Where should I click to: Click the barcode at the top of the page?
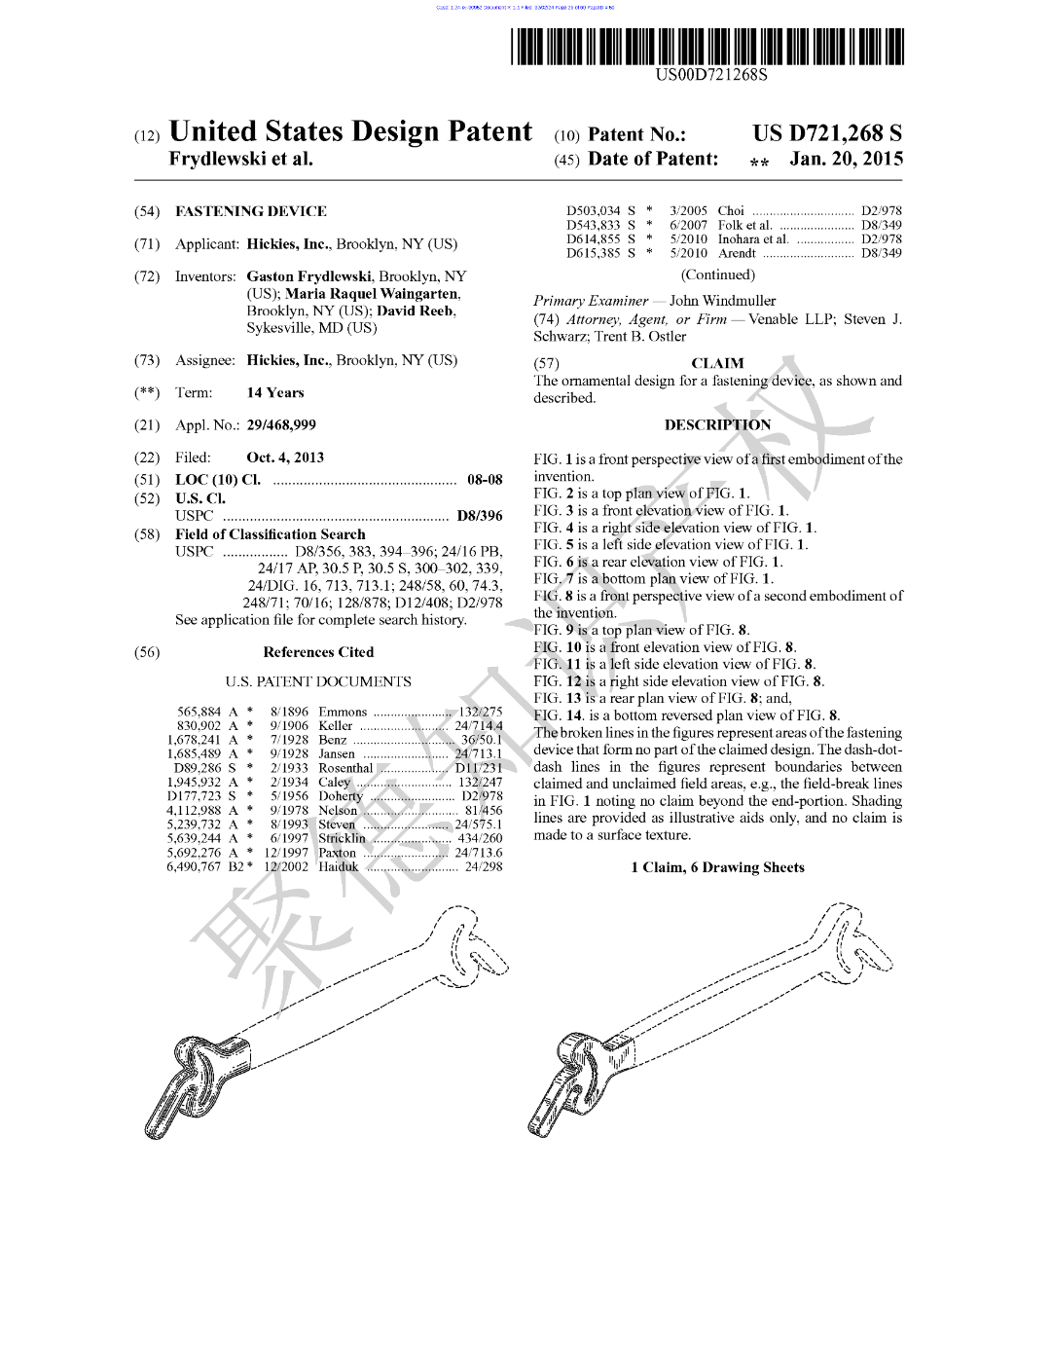(707, 47)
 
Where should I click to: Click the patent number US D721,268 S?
(826, 133)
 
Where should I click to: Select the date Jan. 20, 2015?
(846, 159)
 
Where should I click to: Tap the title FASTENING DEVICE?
(250, 211)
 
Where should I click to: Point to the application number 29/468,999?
(280, 425)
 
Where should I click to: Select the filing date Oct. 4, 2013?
(285, 458)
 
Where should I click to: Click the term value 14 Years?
(274, 393)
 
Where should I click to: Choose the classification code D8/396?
(479, 516)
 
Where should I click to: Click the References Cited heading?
(318, 652)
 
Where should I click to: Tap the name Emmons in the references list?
(343, 712)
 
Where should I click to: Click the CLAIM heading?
(717, 363)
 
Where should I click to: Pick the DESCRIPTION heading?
(717, 425)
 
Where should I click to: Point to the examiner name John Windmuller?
(722, 301)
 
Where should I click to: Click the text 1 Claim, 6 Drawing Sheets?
(717, 867)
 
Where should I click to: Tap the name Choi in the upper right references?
(731, 210)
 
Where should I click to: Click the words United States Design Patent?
(350, 132)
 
